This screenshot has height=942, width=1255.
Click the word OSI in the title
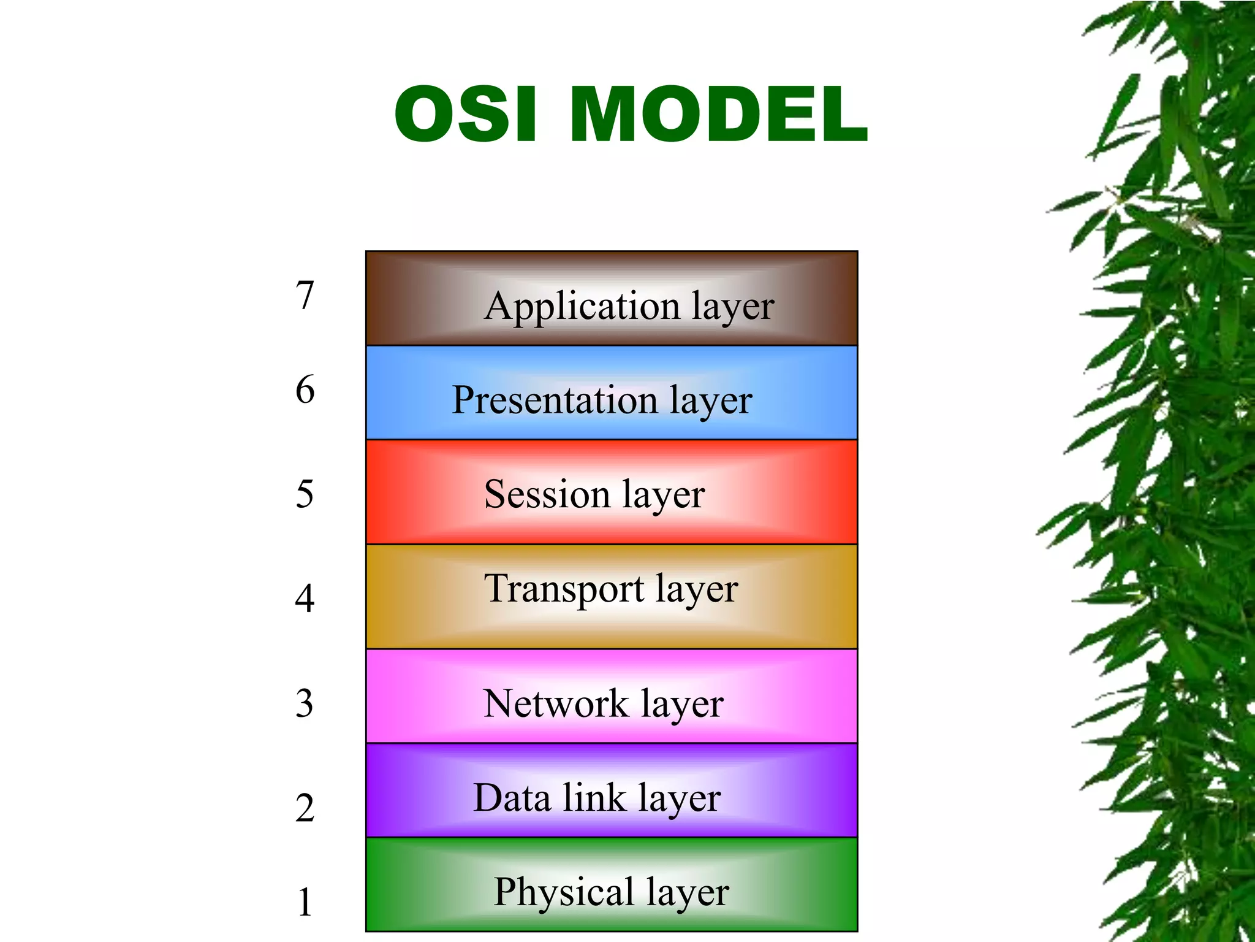pos(466,115)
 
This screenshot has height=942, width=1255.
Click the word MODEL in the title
pos(718,115)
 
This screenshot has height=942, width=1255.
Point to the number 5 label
pos(305,494)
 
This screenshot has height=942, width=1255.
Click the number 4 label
pos(305,599)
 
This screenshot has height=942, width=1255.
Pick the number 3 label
pos(305,703)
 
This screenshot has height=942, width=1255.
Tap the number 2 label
pos(305,808)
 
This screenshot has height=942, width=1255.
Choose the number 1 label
pos(305,902)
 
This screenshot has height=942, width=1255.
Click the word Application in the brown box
pos(582,307)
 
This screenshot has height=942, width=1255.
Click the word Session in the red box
pos(547,494)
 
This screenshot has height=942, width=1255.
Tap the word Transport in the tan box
pos(564,589)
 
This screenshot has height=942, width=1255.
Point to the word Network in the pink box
pos(556,703)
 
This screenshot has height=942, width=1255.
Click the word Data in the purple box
pos(512,798)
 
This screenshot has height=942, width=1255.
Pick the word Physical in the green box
pos(564,892)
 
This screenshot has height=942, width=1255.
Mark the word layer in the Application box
pos(733,307)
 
